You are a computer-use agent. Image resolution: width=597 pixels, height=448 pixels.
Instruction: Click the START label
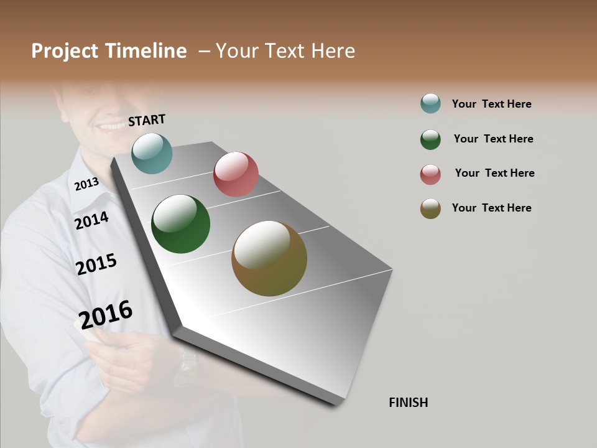click(x=147, y=120)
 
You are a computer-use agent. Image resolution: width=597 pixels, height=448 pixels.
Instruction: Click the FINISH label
click(x=408, y=403)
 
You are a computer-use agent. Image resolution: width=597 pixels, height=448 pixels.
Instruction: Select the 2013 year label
click(x=86, y=184)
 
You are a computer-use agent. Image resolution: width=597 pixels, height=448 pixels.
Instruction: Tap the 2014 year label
click(x=91, y=220)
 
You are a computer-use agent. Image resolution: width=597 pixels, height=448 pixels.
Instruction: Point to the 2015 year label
click(x=96, y=264)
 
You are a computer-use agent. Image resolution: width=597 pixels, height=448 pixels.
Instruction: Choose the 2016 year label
click(x=106, y=314)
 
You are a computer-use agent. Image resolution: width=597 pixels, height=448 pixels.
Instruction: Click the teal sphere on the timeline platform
click(x=152, y=153)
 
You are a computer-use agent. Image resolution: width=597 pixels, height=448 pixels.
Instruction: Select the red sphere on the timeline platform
click(x=236, y=174)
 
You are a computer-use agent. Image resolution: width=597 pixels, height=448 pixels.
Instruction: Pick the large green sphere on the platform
click(x=180, y=224)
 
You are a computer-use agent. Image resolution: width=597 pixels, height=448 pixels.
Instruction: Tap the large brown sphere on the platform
click(x=269, y=258)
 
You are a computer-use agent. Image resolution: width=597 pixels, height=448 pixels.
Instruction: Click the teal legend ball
click(x=430, y=103)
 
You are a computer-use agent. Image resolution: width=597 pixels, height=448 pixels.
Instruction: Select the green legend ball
click(x=430, y=139)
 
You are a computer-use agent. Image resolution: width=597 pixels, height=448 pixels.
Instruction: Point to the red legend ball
click(x=430, y=174)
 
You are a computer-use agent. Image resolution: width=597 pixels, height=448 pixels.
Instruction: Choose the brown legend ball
click(x=430, y=208)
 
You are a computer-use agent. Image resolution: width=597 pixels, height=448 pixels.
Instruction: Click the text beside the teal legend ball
click(x=491, y=104)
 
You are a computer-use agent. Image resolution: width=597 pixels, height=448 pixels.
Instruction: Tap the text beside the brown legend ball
click(x=491, y=208)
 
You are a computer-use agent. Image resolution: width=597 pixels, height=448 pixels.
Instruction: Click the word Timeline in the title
click(x=146, y=51)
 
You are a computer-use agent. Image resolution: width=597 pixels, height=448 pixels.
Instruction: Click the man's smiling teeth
click(x=112, y=126)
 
